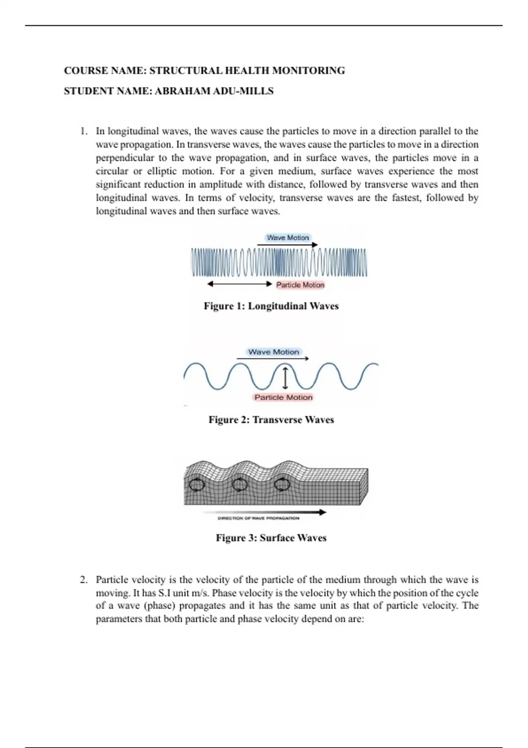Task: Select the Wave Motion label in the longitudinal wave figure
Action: pyautogui.click(x=288, y=238)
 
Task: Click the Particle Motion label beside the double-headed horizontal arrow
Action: pyautogui.click(x=300, y=285)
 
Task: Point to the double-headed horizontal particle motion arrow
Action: pyautogui.click(x=240, y=284)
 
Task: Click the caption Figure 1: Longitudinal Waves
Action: pyautogui.click(x=271, y=306)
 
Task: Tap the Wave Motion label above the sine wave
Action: pyautogui.click(x=273, y=352)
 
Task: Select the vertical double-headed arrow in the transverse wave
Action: pyautogui.click(x=285, y=378)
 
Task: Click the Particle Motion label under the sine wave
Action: pyautogui.click(x=283, y=397)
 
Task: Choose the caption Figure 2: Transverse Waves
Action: pyautogui.click(x=271, y=420)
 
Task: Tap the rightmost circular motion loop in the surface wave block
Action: pyautogui.click(x=281, y=485)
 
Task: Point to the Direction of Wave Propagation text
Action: pyautogui.click(x=259, y=518)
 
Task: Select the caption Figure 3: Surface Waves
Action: pyautogui.click(x=271, y=538)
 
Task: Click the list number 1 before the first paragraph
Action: pyautogui.click(x=83, y=131)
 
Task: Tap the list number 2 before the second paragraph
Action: pyautogui.click(x=83, y=580)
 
